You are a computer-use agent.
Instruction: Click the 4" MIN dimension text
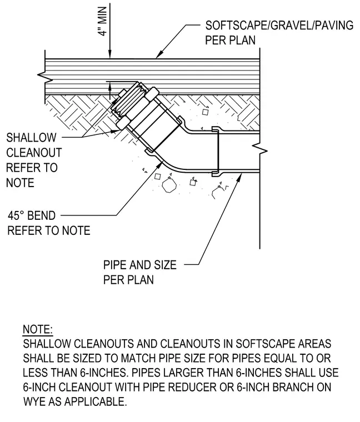(103, 22)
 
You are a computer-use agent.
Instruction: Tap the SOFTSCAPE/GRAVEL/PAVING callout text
(279, 26)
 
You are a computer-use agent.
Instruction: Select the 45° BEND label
(32, 215)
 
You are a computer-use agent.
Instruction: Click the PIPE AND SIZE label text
(140, 265)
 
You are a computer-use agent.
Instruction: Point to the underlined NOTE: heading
(38, 329)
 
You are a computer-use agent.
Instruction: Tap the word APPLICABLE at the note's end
(96, 402)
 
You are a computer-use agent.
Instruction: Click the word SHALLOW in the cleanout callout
(31, 138)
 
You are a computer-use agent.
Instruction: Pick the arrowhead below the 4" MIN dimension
(110, 54)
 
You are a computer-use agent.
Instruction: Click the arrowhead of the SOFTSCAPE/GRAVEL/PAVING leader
(159, 55)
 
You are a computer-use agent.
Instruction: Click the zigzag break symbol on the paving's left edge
(43, 77)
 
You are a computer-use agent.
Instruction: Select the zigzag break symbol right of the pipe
(259, 150)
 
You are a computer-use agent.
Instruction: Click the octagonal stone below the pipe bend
(169, 185)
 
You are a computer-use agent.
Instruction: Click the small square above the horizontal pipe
(205, 112)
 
